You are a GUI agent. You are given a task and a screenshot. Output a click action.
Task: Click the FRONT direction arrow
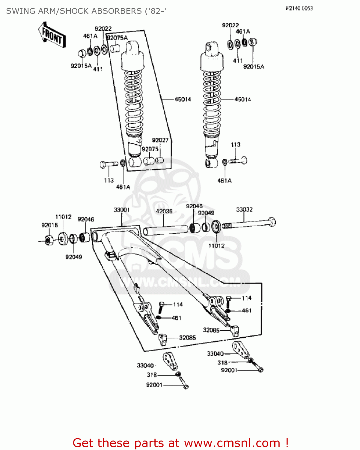click(52, 35)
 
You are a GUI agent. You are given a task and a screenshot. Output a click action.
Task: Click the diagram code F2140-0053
click(299, 8)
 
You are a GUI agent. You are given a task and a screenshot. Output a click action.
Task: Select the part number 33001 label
click(121, 210)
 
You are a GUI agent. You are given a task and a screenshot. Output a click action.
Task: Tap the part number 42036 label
click(164, 211)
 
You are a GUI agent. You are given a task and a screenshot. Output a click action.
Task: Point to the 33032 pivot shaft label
click(244, 209)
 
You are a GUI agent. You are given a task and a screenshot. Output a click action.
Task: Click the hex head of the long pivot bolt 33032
click(272, 222)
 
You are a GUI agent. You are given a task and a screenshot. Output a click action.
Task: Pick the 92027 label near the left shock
click(160, 140)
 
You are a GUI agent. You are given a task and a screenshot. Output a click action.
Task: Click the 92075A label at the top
click(117, 38)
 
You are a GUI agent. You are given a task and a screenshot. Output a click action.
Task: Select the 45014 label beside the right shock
click(242, 99)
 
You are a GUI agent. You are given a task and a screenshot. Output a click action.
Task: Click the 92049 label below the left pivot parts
click(73, 257)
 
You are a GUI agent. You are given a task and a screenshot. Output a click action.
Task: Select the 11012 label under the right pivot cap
click(216, 246)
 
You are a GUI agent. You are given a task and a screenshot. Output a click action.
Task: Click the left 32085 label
click(187, 338)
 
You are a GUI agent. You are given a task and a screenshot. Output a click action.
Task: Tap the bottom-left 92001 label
click(154, 385)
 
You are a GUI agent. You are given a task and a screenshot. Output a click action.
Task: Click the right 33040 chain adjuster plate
click(240, 350)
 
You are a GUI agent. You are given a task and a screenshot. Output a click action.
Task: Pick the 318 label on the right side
click(222, 362)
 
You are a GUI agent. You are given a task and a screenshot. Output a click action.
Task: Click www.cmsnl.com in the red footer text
click(232, 443)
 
